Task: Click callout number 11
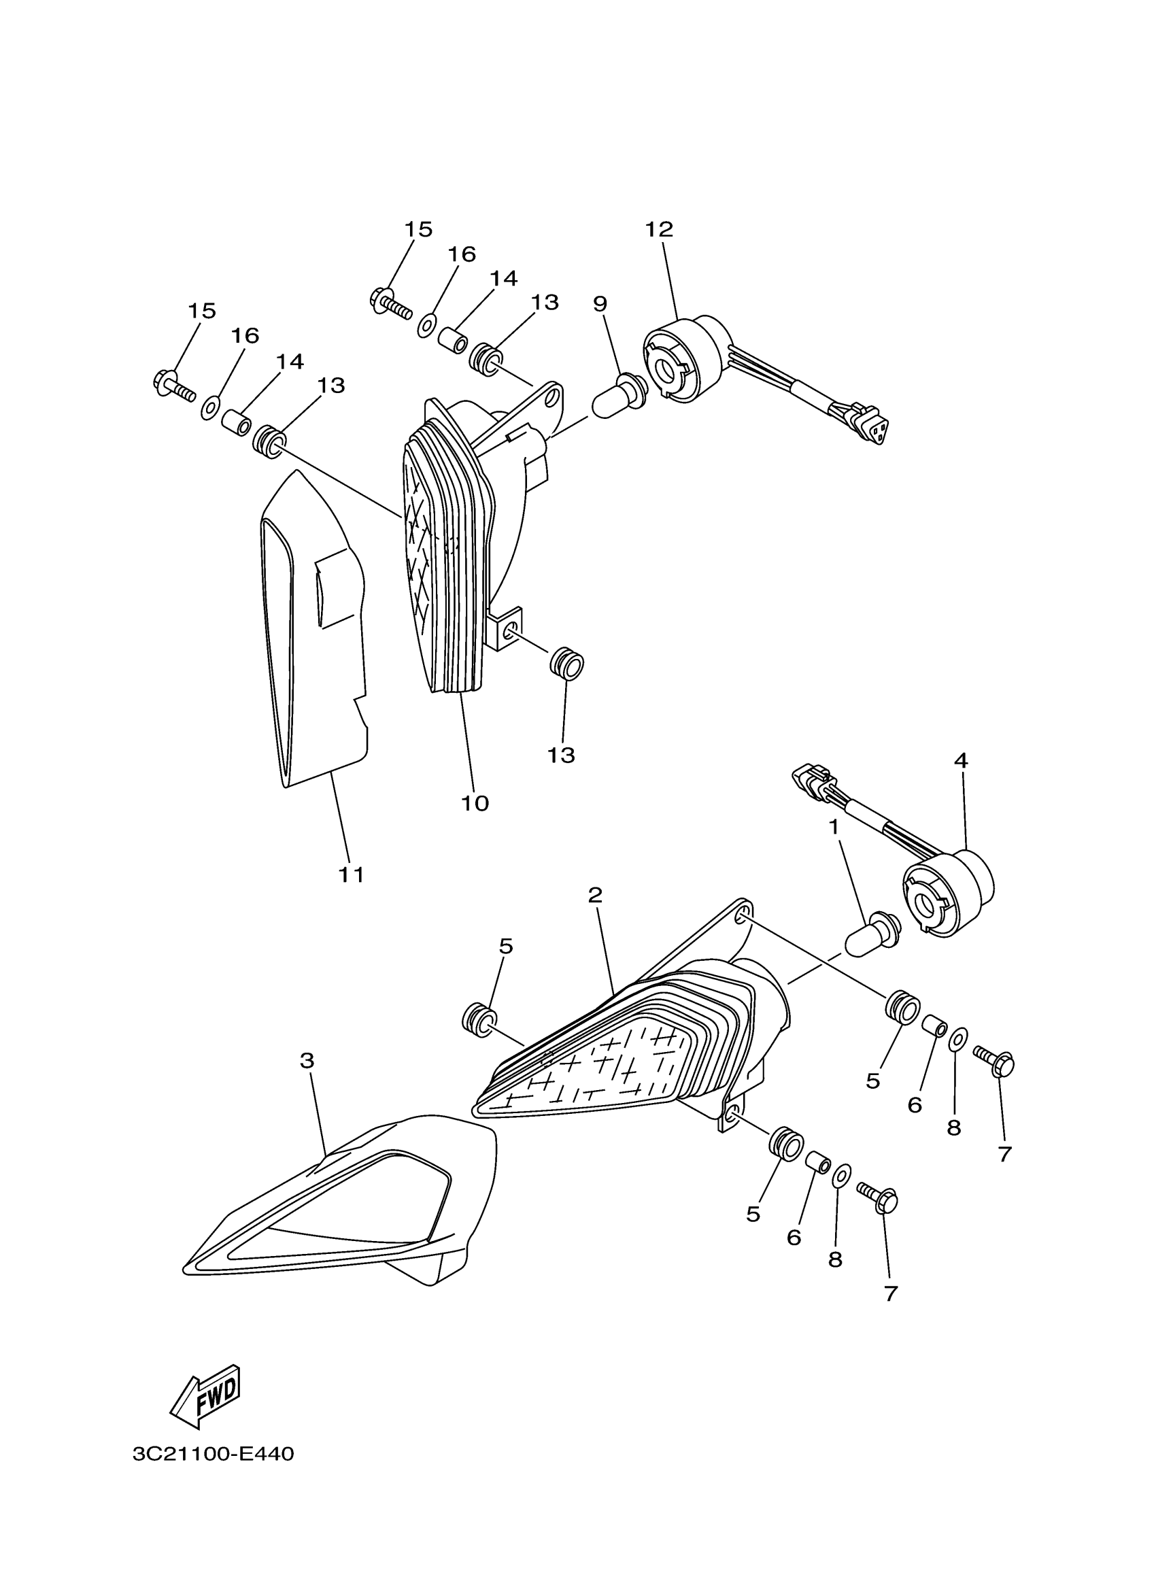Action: click(x=351, y=875)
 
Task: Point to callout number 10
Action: click(x=475, y=803)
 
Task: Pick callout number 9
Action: click(x=600, y=303)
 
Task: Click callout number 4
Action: click(x=960, y=760)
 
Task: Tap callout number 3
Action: click(x=307, y=1060)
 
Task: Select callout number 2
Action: click(x=595, y=895)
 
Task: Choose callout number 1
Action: click(x=834, y=828)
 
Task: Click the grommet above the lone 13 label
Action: click(x=567, y=665)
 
